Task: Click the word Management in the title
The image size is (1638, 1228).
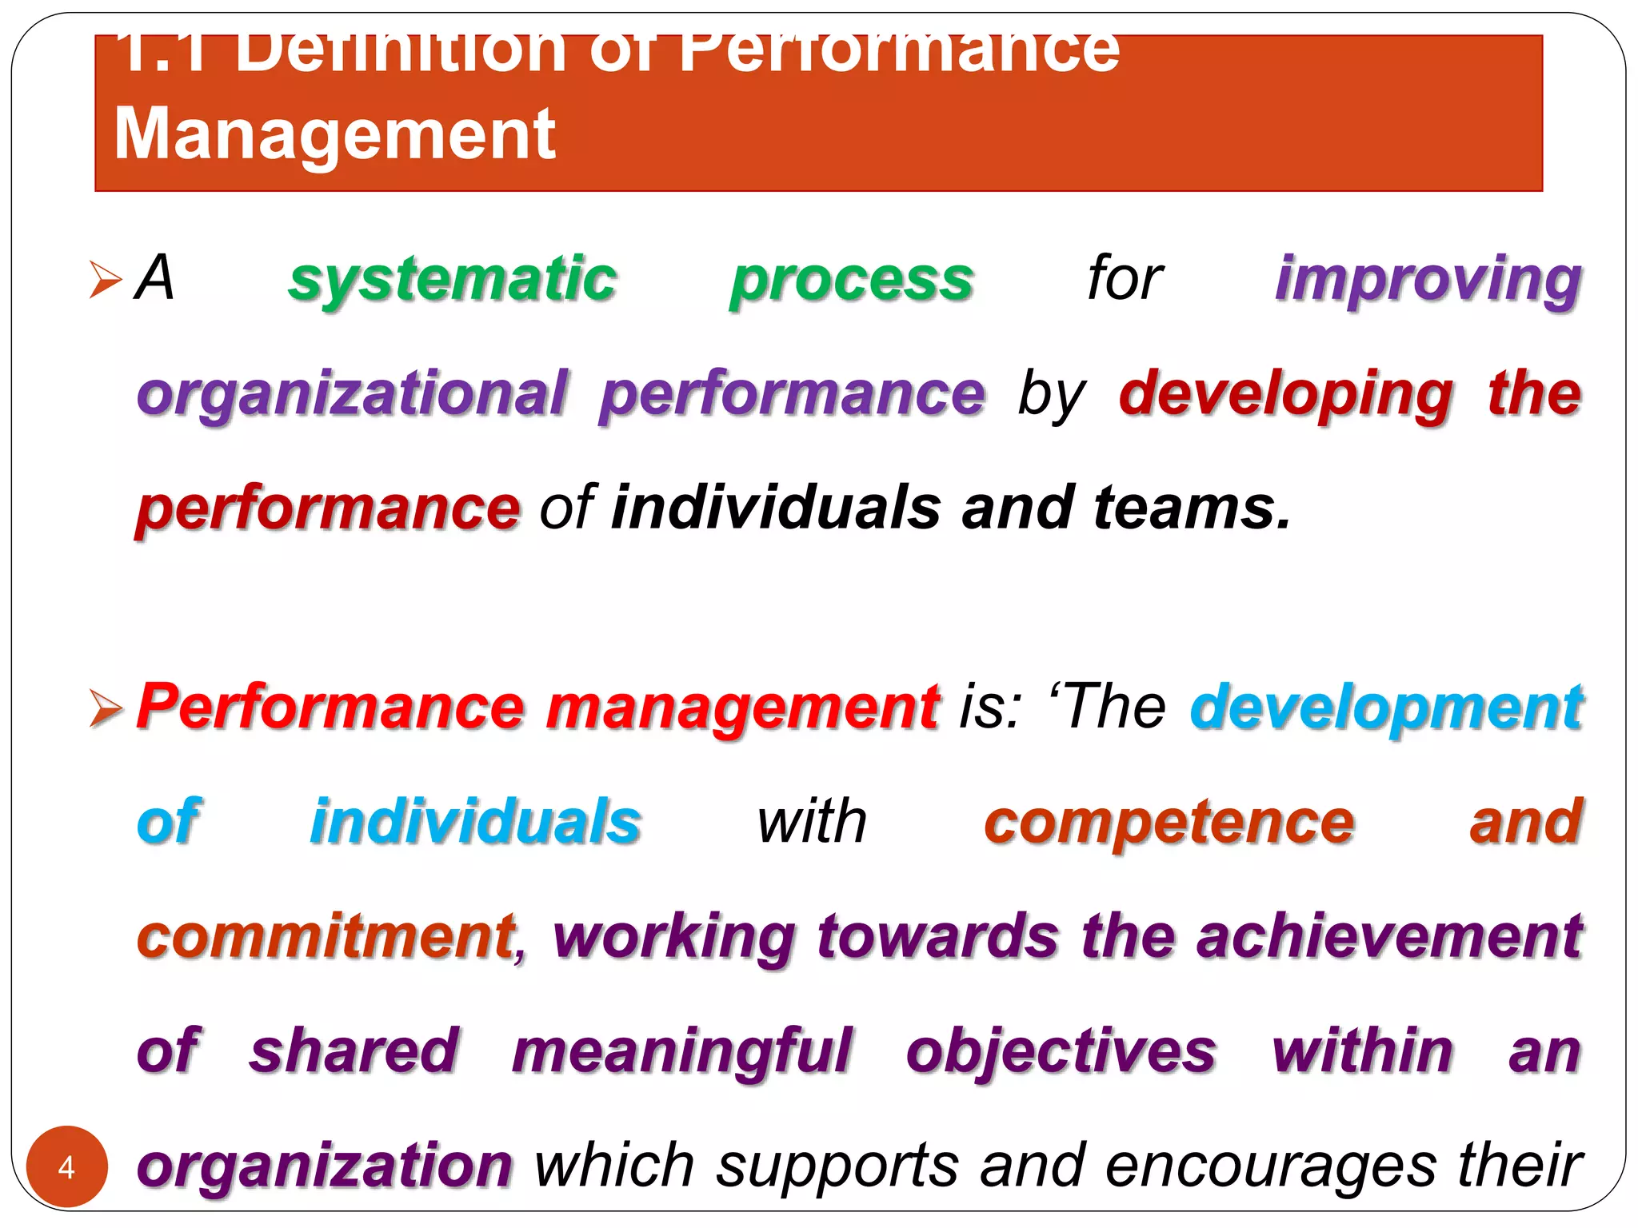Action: pyautogui.click(x=334, y=134)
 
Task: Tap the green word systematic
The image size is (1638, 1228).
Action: pyautogui.click(x=453, y=279)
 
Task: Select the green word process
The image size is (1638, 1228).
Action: pyautogui.click(x=852, y=279)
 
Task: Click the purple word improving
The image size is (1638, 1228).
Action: pyautogui.click(x=1428, y=279)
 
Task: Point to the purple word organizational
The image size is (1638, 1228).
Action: pyautogui.click(x=352, y=393)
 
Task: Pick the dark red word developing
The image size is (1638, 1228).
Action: pyautogui.click(x=1285, y=393)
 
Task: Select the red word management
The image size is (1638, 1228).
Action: pyautogui.click(x=742, y=707)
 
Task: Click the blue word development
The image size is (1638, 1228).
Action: pyautogui.click(x=1386, y=707)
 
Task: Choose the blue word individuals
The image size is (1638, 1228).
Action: pyautogui.click(x=476, y=821)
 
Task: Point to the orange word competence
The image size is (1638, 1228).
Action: pyautogui.click(x=1169, y=821)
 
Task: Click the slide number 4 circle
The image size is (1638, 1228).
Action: pyautogui.click(x=66, y=1166)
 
